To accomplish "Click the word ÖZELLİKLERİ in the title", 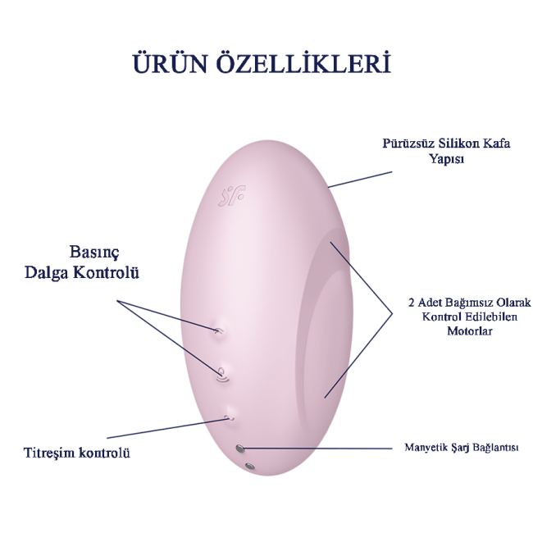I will click(312, 65).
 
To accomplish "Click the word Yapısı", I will click(447, 159).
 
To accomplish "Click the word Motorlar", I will click(470, 330).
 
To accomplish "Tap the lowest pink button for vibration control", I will click(229, 417).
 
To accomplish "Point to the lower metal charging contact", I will click(249, 467).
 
